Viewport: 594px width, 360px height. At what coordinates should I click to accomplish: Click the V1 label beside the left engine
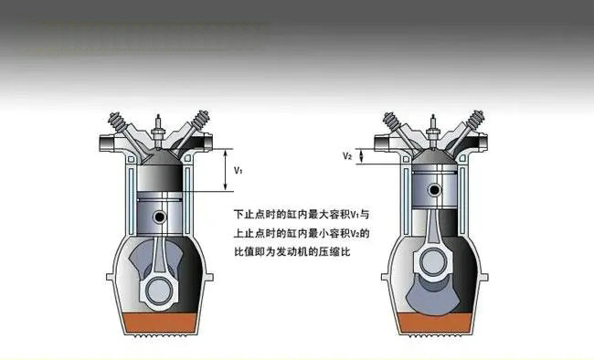click(x=238, y=171)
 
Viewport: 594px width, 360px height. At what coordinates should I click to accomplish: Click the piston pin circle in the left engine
click(x=160, y=217)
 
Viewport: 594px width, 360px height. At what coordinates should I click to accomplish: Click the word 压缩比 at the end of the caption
click(x=337, y=249)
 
